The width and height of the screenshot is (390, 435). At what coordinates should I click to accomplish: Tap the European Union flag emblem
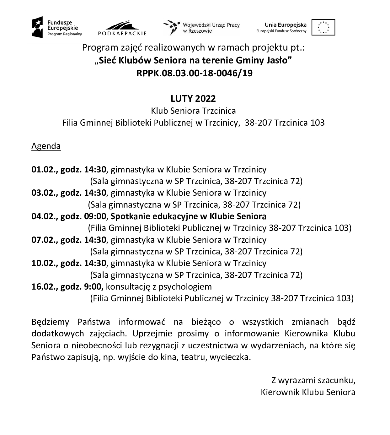323,27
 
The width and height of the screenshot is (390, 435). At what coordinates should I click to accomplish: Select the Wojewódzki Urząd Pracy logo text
211,28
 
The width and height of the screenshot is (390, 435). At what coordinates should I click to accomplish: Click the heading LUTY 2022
193,99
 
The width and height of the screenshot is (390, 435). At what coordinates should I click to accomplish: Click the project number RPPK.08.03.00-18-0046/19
195,73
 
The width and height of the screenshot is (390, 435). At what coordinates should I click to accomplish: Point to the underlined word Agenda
46,146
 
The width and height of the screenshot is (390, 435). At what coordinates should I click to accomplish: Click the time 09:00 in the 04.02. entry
95,216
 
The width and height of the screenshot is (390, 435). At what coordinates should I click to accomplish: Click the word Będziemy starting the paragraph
50,322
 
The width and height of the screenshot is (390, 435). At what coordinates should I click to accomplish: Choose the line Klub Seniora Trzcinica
193,111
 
